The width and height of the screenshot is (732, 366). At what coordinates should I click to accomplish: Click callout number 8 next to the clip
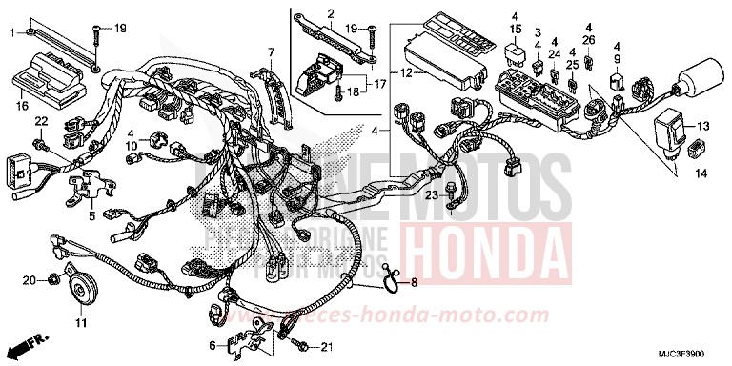413,282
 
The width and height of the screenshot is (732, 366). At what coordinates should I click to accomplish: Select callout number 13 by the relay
703,126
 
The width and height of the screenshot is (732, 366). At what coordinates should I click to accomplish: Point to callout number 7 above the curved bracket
271,51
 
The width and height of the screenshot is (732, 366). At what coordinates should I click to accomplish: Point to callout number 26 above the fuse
588,40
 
